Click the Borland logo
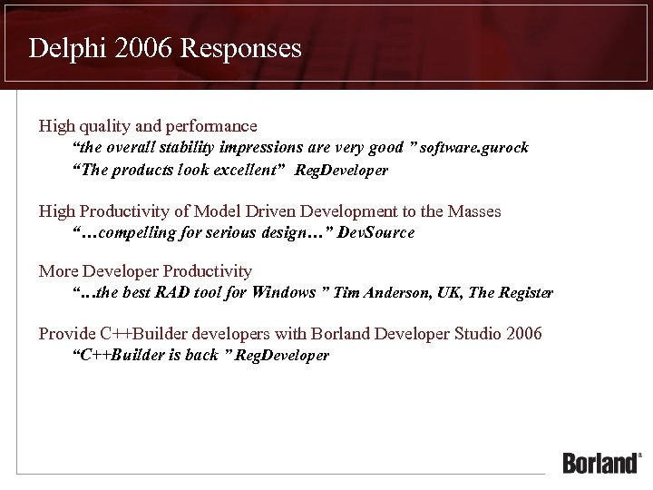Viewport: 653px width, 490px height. click(x=601, y=462)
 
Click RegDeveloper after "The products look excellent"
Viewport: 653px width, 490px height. click(x=341, y=171)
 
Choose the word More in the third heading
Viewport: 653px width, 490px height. click(x=58, y=271)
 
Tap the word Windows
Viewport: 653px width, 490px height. click(x=284, y=292)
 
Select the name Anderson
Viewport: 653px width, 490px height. click(x=396, y=292)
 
